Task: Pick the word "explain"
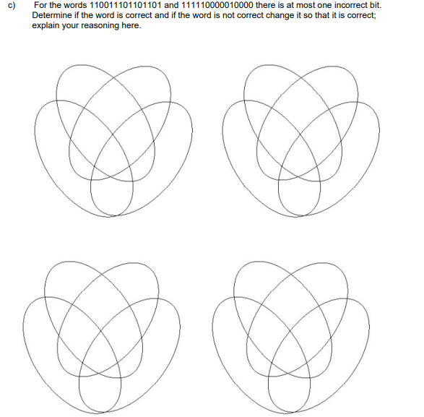(47, 25)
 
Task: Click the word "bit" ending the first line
(375, 6)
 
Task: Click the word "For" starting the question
(40, 6)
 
